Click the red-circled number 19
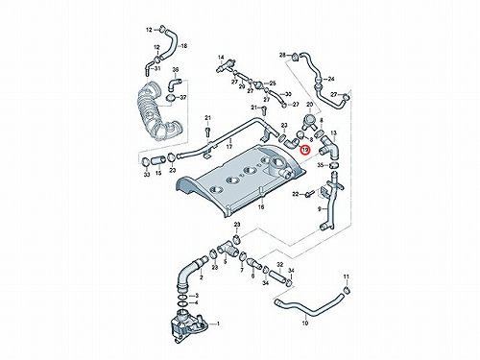pos(305,150)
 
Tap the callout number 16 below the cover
pos(261,207)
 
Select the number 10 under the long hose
pos(305,324)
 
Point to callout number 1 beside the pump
pos(218,324)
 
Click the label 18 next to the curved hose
pos(184,46)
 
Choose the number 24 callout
pos(331,79)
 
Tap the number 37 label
pos(182,97)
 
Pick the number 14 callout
pos(221,58)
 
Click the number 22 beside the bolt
pos(296,194)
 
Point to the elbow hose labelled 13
pos(329,148)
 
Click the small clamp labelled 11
pos(347,291)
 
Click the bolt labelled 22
pos(309,194)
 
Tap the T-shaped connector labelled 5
pos(227,250)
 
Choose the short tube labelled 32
pos(277,276)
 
